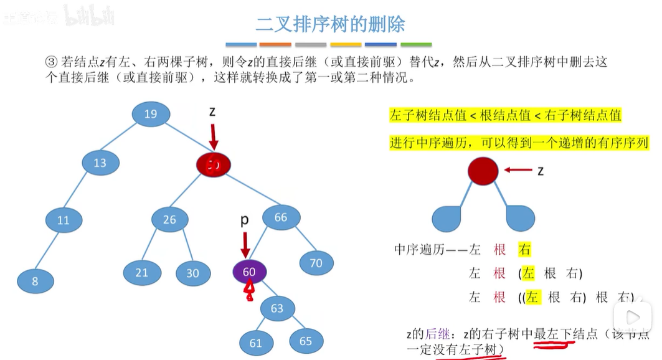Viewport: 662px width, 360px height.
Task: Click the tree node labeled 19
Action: (151, 113)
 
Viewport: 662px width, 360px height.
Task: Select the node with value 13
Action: (100, 163)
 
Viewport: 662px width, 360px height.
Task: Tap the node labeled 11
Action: (63, 220)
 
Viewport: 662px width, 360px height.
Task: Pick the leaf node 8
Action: (35, 281)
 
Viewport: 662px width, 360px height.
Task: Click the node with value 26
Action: (170, 220)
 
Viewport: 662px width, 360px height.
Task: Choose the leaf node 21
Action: (142, 273)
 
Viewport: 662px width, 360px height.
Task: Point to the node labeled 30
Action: (192, 273)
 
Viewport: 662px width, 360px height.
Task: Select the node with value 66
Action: (281, 217)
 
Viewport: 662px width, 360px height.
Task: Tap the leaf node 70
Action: (316, 263)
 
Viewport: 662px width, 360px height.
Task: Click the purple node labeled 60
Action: (249, 272)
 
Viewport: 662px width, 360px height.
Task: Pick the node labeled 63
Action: (277, 308)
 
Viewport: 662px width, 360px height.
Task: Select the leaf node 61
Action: (256, 343)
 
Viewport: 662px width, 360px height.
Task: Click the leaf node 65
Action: (305, 340)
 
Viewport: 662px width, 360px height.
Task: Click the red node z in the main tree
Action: (214, 164)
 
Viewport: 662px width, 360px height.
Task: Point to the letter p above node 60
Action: (245, 220)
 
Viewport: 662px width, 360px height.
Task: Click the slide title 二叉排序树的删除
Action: (330, 24)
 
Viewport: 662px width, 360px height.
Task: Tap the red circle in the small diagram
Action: (483, 171)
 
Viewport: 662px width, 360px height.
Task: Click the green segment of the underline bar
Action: (416, 45)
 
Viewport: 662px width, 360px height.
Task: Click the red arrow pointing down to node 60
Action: (245, 244)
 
